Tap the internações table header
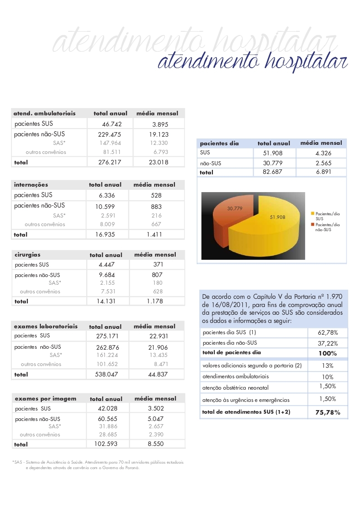click(31, 185)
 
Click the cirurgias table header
click(28, 255)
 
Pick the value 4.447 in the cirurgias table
click(105, 265)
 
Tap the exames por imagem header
click(45, 399)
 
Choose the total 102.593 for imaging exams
click(105, 444)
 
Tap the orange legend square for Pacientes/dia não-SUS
click(313, 224)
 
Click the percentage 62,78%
click(327, 332)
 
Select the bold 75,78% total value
click(327, 412)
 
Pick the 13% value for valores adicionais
click(327, 366)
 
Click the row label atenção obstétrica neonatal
click(235, 388)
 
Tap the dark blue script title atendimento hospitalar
click(252, 61)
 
